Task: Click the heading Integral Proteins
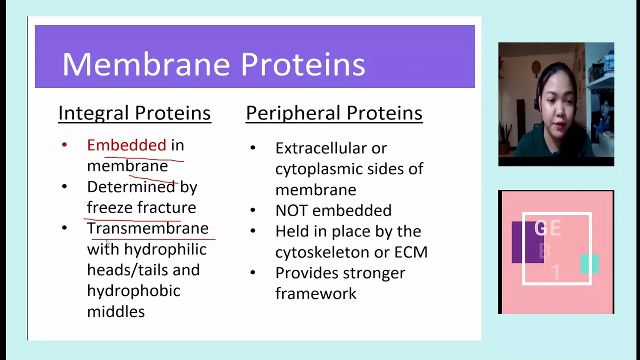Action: (134, 113)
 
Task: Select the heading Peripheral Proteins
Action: (334, 113)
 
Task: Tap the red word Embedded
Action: (126, 145)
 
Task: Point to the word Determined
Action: (131, 187)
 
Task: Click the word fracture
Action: (166, 207)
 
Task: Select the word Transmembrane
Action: (147, 228)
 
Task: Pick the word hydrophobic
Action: (133, 291)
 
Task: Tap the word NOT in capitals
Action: (291, 210)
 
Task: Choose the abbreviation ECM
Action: (411, 252)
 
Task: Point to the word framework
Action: (315, 293)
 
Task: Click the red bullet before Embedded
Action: (64, 144)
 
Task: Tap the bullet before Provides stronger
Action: (252, 272)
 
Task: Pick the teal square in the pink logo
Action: (589, 263)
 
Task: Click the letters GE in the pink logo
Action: (547, 228)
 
